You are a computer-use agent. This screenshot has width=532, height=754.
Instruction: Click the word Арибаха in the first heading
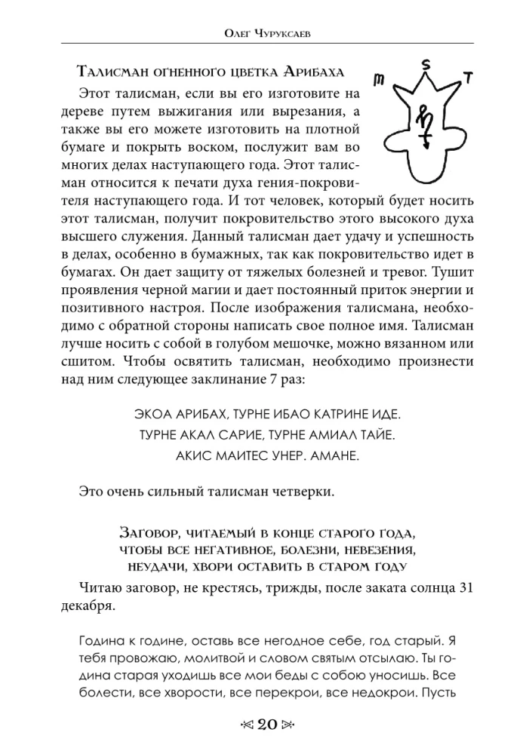(x=314, y=73)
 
